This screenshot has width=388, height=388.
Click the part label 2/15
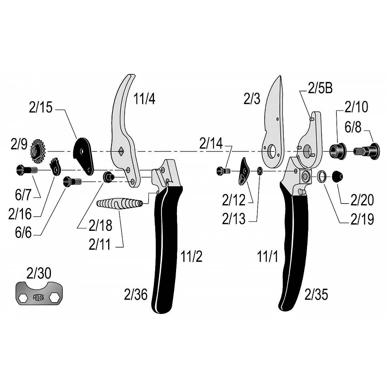(x=40, y=108)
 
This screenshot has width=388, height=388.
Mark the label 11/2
(x=191, y=257)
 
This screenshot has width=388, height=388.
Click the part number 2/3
(x=252, y=99)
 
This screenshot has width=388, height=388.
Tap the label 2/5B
(x=320, y=88)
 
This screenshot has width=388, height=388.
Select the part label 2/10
(x=356, y=107)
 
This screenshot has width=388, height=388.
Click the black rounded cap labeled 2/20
(x=336, y=177)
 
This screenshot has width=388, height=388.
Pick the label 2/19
(x=362, y=219)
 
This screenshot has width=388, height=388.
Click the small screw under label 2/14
(x=224, y=171)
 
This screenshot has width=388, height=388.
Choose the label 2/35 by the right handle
(x=317, y=293)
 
